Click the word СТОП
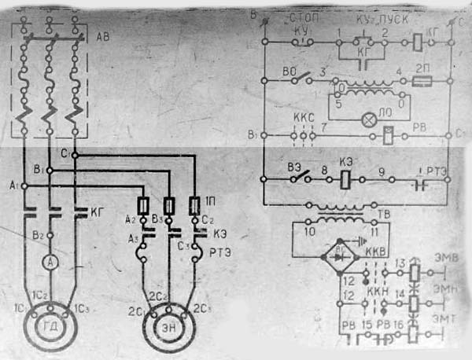pos(303,17)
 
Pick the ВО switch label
pos(289,69)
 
